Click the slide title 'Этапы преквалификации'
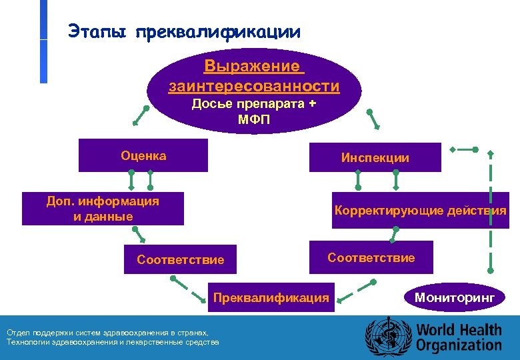point(184,31)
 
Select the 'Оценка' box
point(143,155)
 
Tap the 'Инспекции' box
point(375,157)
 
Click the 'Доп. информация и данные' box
point(103,209)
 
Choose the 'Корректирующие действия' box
point(420,211)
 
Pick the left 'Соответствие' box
point(180,259)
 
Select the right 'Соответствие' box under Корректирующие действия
point(371,257)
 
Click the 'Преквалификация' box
point(271,297)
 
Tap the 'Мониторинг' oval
point(455,297)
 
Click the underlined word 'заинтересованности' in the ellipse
point(254,86)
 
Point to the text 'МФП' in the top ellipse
point(253,119)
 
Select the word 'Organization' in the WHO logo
point(459,345)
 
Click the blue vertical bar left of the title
point(43,41)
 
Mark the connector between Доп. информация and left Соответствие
point(139,233)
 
